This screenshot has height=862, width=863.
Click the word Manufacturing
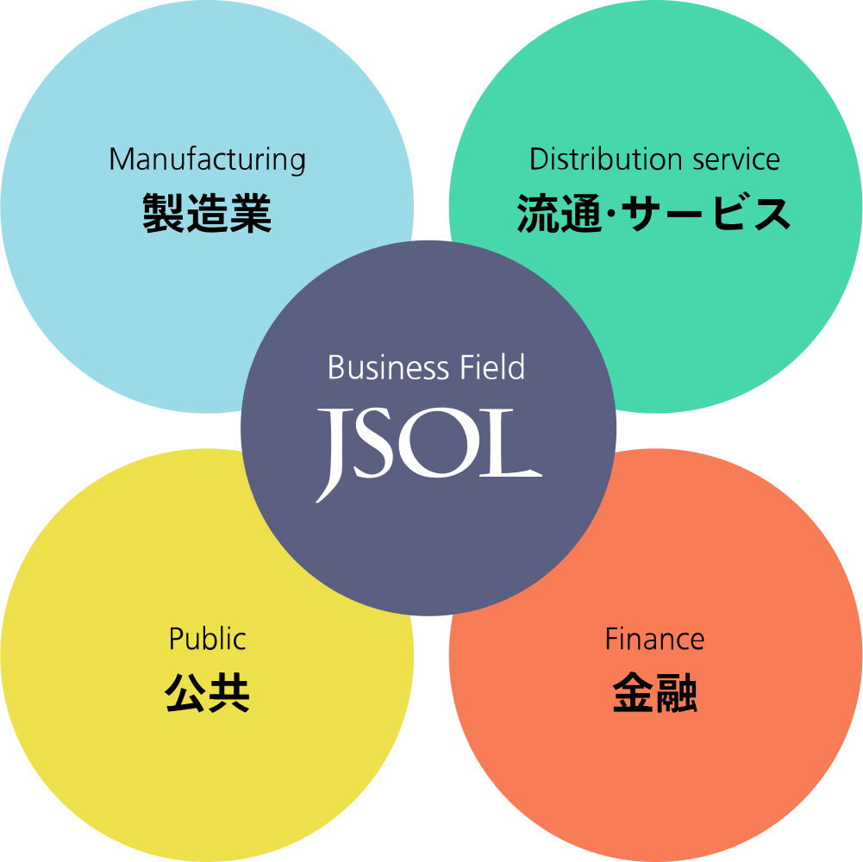207,160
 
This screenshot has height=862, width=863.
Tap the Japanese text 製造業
207,214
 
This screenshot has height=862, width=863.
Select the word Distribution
593,159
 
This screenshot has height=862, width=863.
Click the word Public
207,640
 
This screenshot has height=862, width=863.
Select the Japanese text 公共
207,693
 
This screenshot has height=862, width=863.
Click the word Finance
654,640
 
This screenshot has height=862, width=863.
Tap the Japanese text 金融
654,693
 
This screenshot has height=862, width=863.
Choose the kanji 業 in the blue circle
251,214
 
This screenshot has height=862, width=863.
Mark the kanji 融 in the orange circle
676,693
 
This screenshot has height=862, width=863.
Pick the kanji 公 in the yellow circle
185,693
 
